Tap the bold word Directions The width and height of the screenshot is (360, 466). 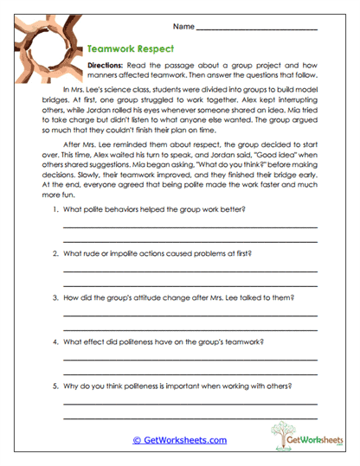click(x=106, y=66)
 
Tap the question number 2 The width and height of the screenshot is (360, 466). click(x=55, y=254)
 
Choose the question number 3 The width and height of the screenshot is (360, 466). click(x=55, y=297)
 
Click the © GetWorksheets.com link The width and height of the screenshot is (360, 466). click(x=179, y=440)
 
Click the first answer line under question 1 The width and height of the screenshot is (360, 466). click(x=190, y=227)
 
